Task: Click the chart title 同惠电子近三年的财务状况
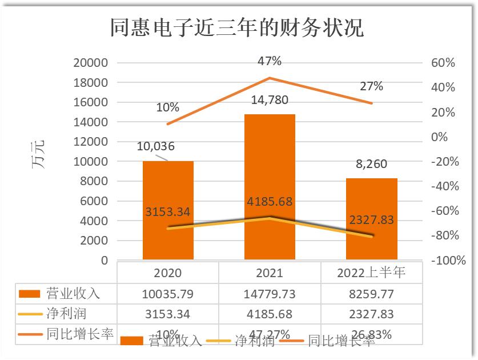coord(236,27)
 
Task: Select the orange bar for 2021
coord(270,171)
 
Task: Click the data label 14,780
coord(270,101)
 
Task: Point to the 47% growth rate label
coord(270,61)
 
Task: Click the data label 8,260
coord(371,164)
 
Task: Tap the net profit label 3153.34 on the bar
coord(168,211)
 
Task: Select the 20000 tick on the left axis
coord(91,63)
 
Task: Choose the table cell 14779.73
coord(270,294)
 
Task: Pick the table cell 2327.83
coord(371,314)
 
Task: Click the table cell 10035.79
coord(168,294)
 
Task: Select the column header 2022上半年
coord(371,273)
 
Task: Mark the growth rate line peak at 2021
coord(270,78)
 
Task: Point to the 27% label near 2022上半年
coord(371,86)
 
